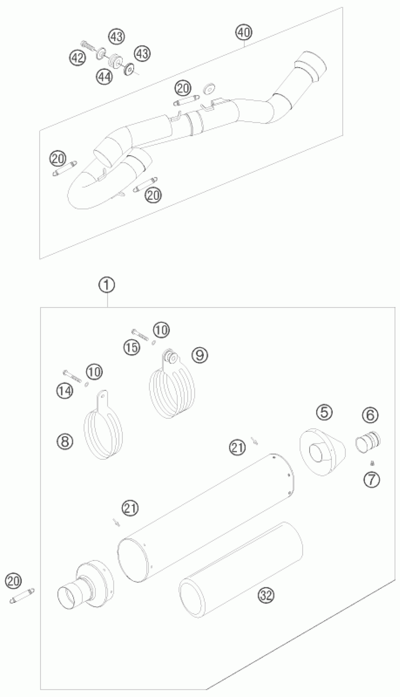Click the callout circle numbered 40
point(244,33)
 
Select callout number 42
point(77,58)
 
